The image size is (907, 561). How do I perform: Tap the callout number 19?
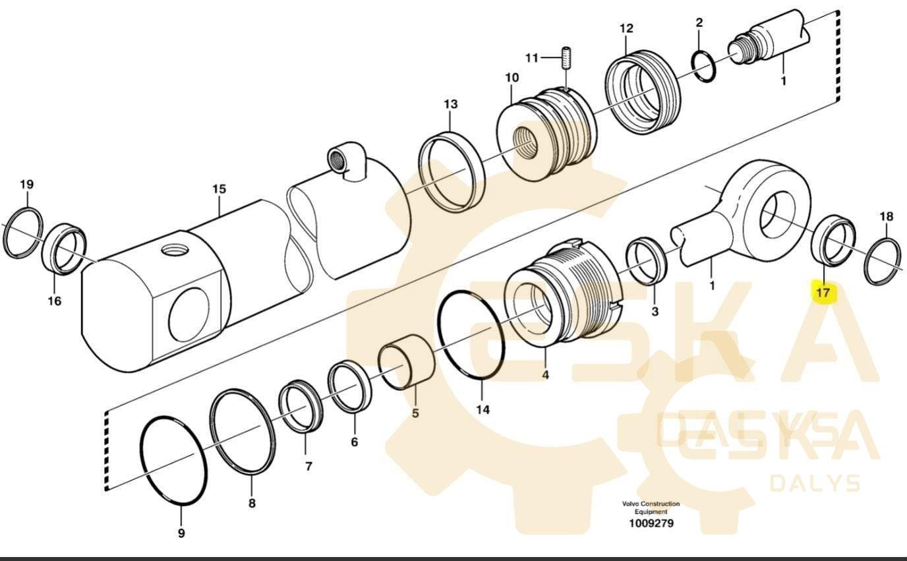pos(26,184)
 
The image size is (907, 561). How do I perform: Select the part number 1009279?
pos(651,523)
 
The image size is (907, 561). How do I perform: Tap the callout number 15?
pos(219,189)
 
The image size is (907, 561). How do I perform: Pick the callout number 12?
pos(626,28)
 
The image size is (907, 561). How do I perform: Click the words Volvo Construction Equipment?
pos(651,508)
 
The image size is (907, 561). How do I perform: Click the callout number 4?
pos(545,374)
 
